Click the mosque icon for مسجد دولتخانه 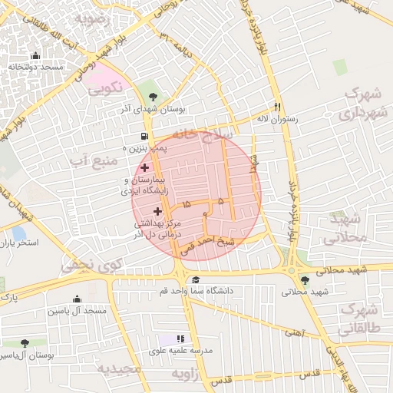(35, 56)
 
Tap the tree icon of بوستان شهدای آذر (153, 97)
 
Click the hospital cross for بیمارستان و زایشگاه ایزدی (144, 167)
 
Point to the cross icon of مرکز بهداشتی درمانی (157, 210)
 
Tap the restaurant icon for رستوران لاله (278, 107)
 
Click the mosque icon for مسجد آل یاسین (77, 299)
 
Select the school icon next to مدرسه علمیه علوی (181, 338)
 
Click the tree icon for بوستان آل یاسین (25, 343)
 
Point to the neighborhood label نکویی (105, 90)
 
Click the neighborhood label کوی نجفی (88, 266)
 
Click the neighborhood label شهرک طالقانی (361, 318)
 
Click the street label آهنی (294, 332)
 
